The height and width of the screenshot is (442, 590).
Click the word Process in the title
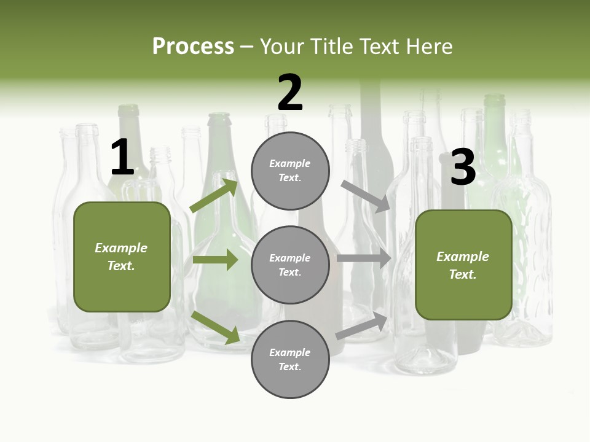[x=193, y=47]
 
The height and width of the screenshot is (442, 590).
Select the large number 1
[x=122, y=158]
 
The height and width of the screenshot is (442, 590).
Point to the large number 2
[x=290, y=93]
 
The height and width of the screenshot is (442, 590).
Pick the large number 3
[x=463, y=167]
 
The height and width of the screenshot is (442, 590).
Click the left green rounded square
[x=122, y=257]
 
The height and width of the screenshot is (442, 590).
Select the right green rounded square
[x=463, y=265]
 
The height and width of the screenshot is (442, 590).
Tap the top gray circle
[x=290, y=171]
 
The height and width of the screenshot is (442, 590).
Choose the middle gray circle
[x=290, y=265]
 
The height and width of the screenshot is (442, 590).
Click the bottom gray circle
[x=290, y=359]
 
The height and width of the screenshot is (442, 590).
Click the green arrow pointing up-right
[x=214, y=196]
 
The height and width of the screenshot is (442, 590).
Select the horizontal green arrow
[x=215, y=260]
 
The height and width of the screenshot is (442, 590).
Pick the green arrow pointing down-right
[x=216, y=327]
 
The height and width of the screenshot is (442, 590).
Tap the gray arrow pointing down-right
[x=366, y=196]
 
